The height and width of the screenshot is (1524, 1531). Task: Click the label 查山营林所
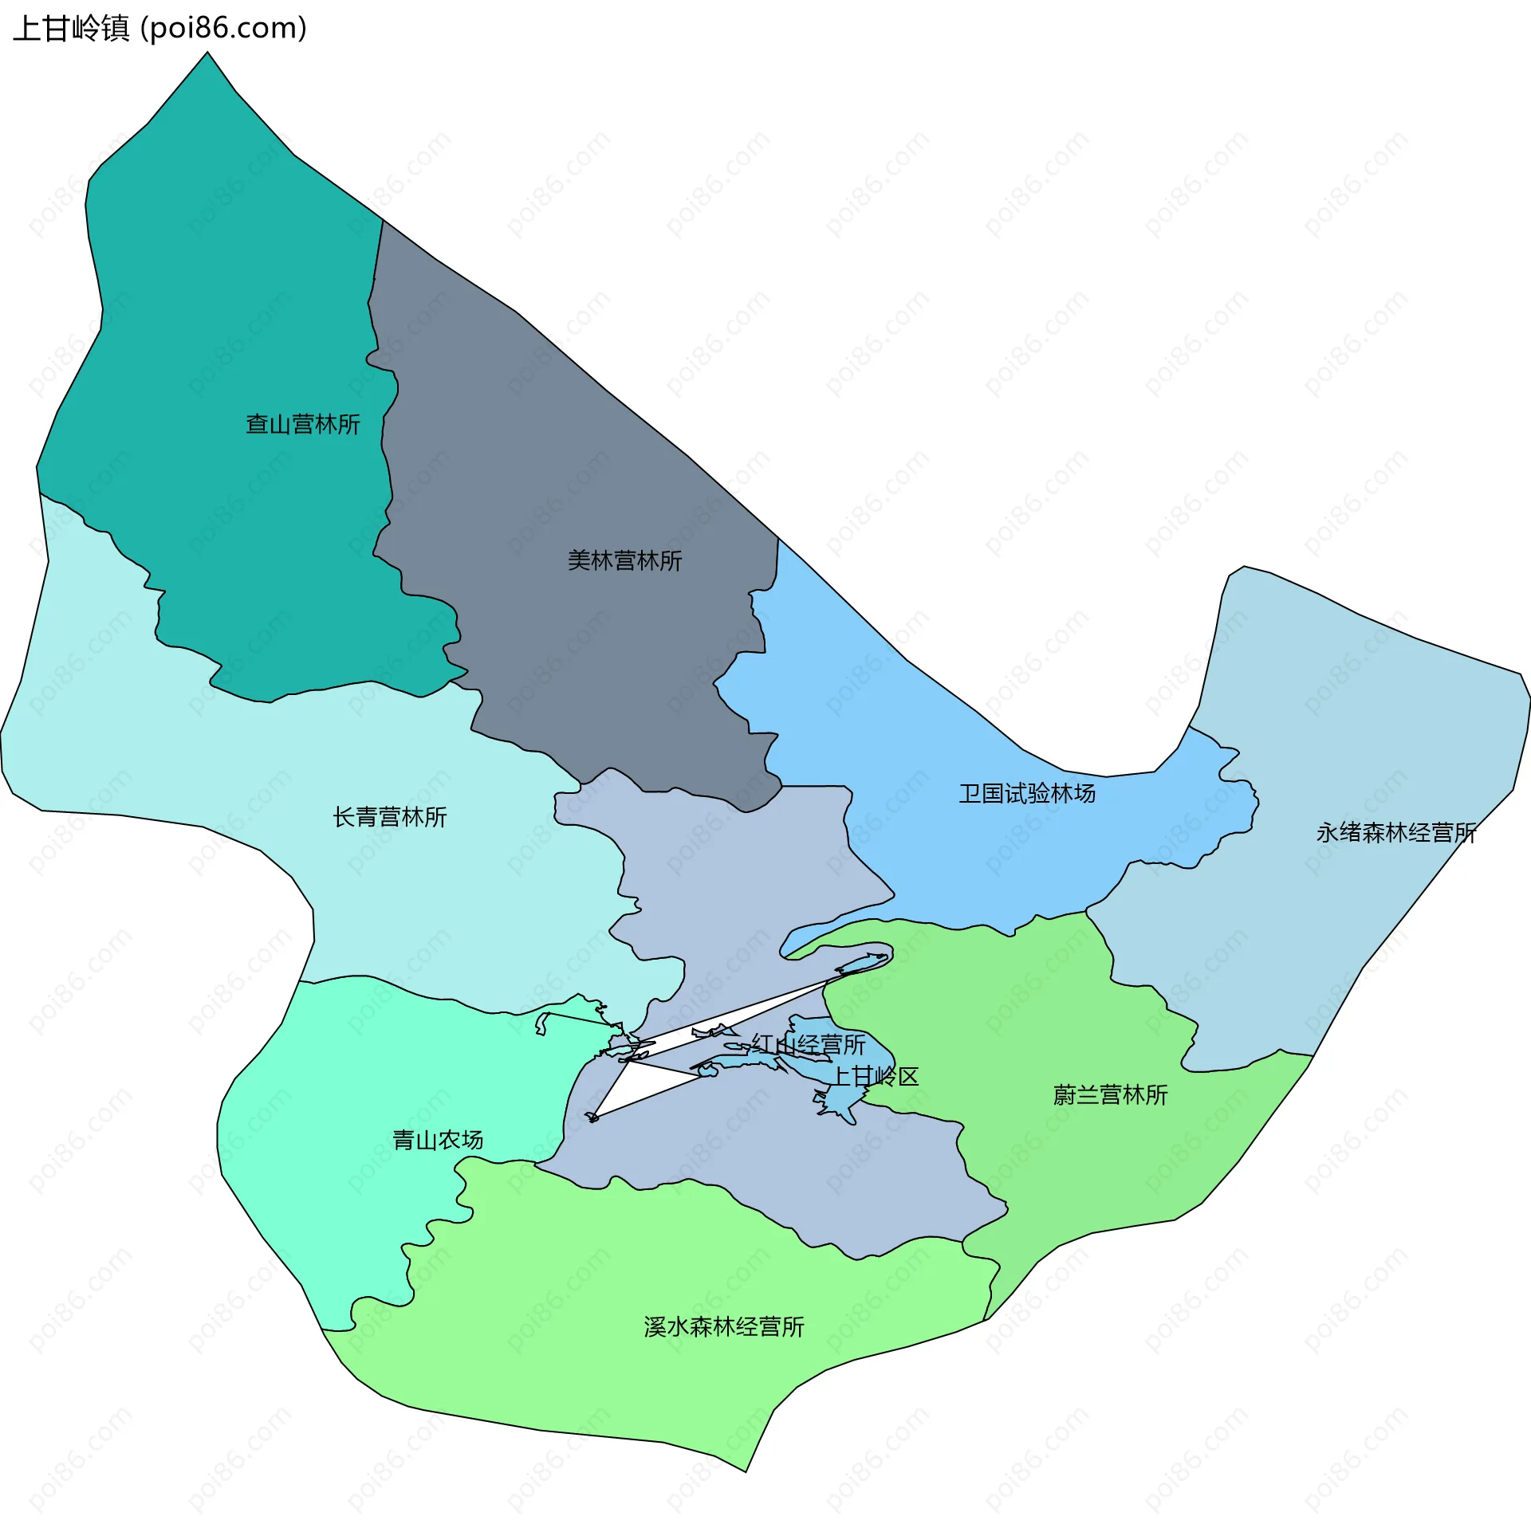pos(302,424)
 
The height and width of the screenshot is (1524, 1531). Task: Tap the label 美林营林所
pos(624,561)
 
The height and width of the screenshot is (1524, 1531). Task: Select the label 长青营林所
pos(389,817)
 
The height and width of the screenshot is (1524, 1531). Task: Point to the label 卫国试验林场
pos(1026,794)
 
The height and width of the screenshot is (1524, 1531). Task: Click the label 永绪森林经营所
pos(1395,833)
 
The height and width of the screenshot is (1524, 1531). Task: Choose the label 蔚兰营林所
pos(1110,1095)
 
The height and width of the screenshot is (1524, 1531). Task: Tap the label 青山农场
pos(437,1141)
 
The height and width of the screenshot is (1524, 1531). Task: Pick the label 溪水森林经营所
pos(723,1327)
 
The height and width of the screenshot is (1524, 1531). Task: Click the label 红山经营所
pos(808,1045)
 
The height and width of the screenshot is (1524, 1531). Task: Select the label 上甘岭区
pos(875,1077)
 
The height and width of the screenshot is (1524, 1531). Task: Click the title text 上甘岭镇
pos(72,29)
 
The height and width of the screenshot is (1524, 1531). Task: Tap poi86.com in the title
pos(223,29)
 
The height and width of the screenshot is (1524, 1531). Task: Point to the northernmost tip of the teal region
pos(208,53)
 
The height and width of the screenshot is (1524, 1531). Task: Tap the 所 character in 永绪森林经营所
pos(1466,833)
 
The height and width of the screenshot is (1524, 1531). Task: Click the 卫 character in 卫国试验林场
pos(970,794)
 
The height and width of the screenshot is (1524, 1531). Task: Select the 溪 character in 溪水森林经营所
pos(655,1327)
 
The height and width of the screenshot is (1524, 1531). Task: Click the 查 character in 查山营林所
pos(257,424)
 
